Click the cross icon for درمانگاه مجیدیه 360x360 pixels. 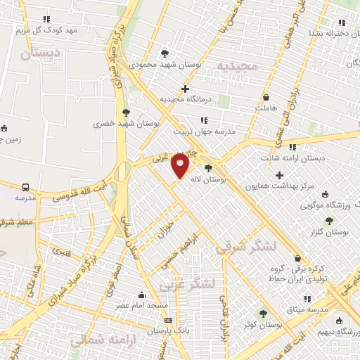[185, 89]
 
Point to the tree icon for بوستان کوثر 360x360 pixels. [263, 314]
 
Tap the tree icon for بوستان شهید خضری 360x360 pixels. [126, 112]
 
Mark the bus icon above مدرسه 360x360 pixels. [26, 188]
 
